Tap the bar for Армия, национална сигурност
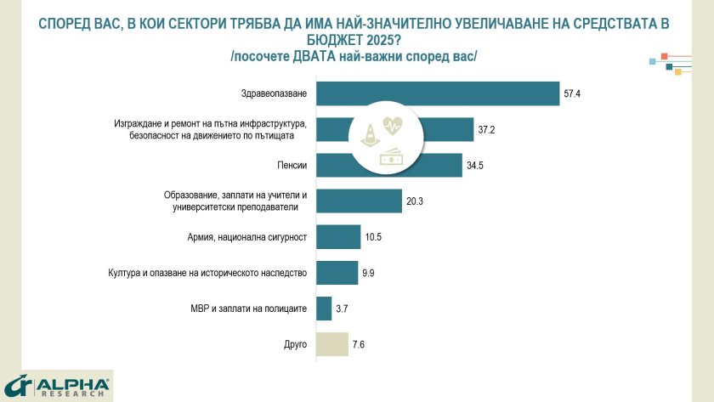[338, 236]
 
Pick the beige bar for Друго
[331, 344]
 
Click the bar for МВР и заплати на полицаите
[323, 309]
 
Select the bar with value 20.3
[358, 201]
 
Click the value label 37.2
[486, 130]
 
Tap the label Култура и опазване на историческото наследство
[207, 273]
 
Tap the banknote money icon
[392, 156]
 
